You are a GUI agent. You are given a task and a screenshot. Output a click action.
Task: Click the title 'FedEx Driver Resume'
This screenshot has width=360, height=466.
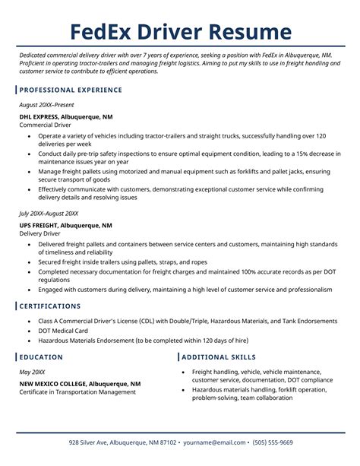coord(180,32)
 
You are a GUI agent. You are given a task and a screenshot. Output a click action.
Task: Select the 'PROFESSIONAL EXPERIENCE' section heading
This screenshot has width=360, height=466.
coord(71,90)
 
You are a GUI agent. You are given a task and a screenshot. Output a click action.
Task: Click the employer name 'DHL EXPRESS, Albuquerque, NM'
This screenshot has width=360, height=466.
coord(66,117)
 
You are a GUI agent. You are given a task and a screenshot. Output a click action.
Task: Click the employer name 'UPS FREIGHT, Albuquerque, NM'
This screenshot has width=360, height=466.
coord(66,226)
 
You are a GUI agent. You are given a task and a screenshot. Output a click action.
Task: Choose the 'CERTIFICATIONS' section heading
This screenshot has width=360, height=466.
coord(50,306)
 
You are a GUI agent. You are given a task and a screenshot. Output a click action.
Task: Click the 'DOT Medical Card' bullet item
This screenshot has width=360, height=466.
coord(64,331)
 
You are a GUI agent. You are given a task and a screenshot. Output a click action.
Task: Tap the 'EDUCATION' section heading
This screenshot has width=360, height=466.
coord(42,357)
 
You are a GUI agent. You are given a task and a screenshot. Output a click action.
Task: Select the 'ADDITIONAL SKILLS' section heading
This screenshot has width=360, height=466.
coord(219,357)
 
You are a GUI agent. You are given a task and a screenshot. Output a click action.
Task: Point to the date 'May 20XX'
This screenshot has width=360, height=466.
coord(33,372)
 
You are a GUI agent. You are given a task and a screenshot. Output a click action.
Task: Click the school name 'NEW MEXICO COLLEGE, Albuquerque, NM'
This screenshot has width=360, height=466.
coord(81,384)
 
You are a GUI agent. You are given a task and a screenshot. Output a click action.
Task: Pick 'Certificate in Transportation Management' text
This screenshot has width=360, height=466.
coord(79,392)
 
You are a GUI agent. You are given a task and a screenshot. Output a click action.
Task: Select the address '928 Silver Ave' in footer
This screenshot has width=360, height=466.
coord(93,442)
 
